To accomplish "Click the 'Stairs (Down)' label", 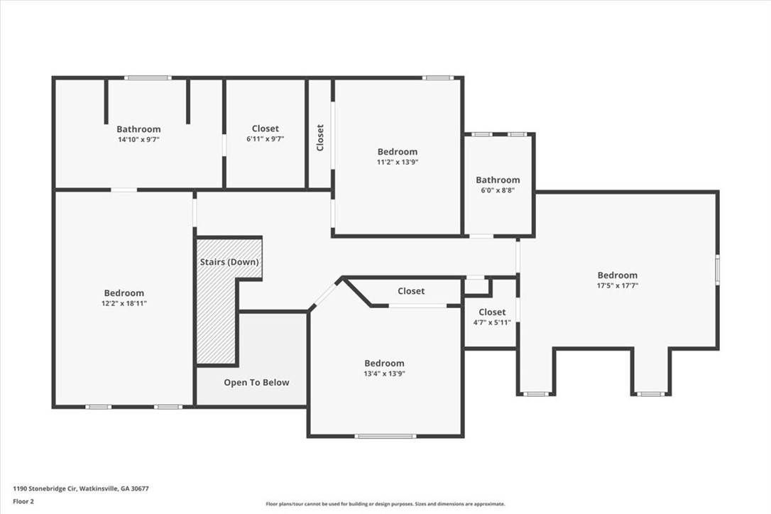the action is [229, 262].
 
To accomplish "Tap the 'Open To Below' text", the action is [256, 383].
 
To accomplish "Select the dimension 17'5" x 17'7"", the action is [617, 285].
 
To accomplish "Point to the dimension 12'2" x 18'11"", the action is [124, 303].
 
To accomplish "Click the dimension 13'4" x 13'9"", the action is [384, 374].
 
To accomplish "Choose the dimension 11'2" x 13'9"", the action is [398, 163].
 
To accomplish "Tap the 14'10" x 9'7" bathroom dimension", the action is [138, 140].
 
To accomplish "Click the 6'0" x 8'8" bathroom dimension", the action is [498, 190].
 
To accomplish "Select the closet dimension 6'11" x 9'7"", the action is [265, 139].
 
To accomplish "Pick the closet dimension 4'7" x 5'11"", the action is [492, 322].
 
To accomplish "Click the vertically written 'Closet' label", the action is [320, 138].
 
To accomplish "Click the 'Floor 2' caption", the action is [23, 502].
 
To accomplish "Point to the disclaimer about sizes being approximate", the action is [385, 503].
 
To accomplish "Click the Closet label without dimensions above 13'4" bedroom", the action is [411, 291].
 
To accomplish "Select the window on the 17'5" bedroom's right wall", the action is [718, 269].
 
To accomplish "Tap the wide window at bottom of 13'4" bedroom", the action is [385, 436].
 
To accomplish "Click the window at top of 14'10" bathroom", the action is [148, 77].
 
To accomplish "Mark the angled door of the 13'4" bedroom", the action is [325, 295].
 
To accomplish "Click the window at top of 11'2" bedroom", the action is [437, 77].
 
